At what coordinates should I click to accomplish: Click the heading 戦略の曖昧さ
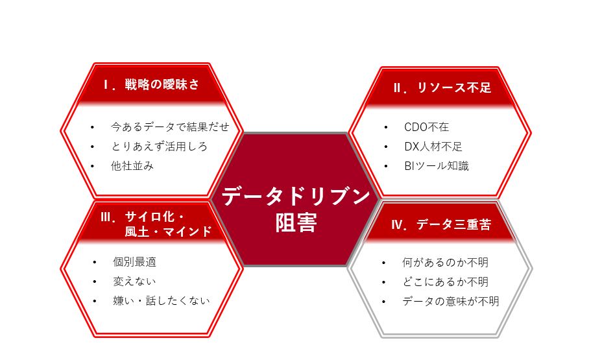162,84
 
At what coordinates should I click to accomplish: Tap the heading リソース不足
454,88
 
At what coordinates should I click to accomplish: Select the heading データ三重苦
454,224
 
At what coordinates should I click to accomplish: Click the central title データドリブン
296,196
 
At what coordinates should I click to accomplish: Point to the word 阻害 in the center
296,222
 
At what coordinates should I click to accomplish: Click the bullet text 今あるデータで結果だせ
170,126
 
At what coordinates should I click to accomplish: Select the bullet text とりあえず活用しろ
160,146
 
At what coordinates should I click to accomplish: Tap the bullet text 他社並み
132,166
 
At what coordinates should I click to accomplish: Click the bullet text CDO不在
427,127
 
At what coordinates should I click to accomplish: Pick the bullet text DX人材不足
433,147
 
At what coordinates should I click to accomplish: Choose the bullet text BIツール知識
437,166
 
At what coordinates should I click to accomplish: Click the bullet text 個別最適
135,262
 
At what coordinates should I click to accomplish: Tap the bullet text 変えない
134,282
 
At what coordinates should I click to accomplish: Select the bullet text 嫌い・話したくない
162,300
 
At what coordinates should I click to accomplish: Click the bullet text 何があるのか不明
446,263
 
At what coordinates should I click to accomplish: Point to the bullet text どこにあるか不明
446,282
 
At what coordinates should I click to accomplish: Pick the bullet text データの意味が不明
451,301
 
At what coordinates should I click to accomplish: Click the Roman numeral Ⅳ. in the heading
400,224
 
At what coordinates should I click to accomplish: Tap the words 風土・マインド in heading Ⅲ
168,232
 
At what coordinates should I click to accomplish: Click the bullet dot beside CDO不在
386,127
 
